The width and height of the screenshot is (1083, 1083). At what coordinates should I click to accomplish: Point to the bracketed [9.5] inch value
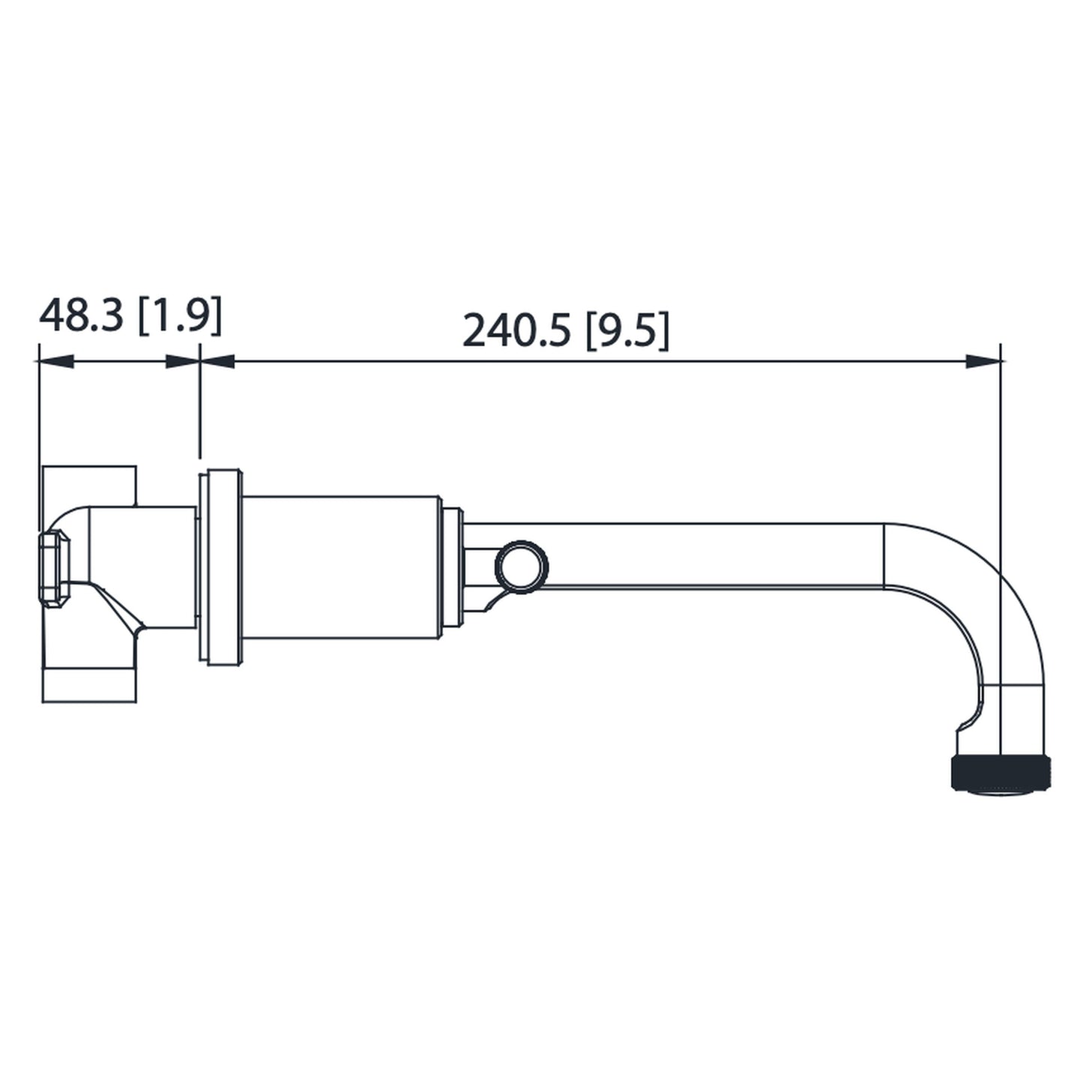pyautogui.click(x=627, y=330)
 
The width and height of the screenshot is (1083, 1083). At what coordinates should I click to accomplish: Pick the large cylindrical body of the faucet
pyautogui.click(x=341, y=567)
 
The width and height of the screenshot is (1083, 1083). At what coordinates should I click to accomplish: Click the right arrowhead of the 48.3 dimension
pyautogui.click(x=182, y=362)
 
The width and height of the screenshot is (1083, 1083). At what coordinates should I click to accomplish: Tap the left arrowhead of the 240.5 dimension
pyautogui.click(x=218, y=362)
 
